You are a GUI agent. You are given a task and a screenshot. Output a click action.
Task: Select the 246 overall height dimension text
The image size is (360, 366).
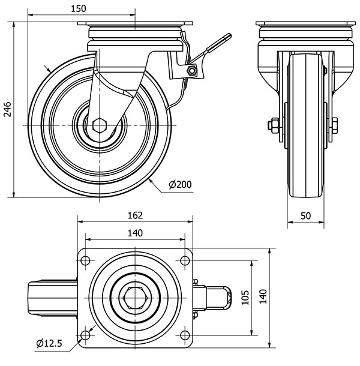tap(8, 110)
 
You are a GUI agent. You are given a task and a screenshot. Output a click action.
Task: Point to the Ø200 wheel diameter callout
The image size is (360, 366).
tap(180, 185)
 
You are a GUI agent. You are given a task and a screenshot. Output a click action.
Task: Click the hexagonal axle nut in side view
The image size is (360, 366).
tap(101, 125)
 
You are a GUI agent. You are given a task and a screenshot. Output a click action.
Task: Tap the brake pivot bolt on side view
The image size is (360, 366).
tap(192, 71)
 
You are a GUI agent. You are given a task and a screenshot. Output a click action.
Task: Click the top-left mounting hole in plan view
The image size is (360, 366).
tap(85, 260)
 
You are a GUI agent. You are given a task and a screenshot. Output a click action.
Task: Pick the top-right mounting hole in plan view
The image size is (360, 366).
tap(184, 260)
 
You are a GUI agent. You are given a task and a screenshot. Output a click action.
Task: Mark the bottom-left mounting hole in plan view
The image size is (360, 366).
tap(85, 334)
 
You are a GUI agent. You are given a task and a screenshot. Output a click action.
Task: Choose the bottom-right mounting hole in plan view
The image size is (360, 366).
tap(184, 334)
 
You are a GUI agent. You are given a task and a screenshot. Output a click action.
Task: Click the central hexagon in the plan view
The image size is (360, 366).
tap(134, 297)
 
